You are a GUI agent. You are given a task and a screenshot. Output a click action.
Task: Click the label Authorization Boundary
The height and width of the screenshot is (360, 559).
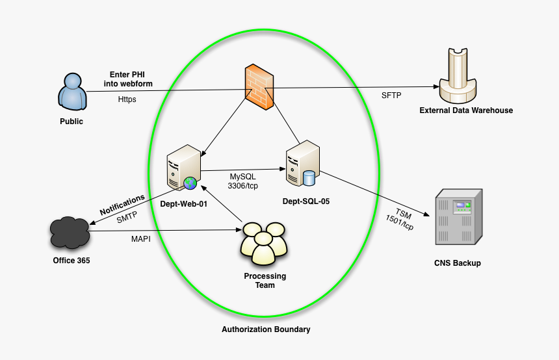click(x=266, y=329)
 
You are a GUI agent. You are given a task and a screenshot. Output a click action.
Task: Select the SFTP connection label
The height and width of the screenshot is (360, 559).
click(x=391, y=96)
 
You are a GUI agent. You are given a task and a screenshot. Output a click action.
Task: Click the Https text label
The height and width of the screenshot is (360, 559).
click(x=127, y=100)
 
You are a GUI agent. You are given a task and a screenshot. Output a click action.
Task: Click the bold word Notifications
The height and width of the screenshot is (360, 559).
click(x=122, y=205)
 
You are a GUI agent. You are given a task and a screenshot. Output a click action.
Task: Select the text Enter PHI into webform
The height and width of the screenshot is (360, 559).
click(x=127, y=79)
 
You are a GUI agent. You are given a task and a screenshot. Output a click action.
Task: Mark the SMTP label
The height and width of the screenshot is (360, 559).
click(x=127, y=218)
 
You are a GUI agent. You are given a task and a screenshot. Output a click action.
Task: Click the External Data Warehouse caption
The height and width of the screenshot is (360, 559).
click(x=466, y=110)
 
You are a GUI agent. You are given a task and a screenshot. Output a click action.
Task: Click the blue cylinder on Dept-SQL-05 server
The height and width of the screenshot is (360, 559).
click(x=309, y=177)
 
